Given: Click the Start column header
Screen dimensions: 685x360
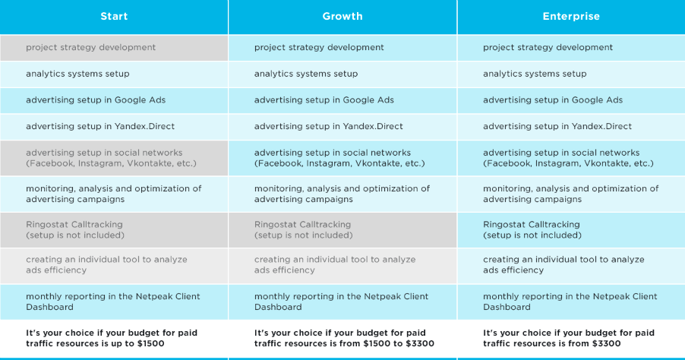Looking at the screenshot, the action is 114,17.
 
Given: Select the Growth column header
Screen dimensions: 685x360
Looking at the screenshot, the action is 342,17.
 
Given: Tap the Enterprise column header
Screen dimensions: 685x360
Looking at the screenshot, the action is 571,17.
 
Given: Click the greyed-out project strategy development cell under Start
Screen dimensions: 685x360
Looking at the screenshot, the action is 114,48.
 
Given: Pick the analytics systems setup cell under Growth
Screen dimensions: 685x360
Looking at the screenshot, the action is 342,74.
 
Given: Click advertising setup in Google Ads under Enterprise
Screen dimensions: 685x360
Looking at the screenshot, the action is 571,100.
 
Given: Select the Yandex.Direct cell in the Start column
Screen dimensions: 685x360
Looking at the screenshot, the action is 114,127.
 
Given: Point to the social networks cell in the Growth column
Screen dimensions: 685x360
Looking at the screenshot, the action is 342,158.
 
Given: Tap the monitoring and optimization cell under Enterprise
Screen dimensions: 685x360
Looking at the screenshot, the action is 571,194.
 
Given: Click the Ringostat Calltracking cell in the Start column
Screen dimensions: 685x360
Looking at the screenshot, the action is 114,230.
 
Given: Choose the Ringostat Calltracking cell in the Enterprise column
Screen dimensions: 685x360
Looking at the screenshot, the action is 571,230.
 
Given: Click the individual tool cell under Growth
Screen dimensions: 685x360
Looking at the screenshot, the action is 342,266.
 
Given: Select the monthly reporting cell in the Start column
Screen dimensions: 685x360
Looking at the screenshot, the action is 114,302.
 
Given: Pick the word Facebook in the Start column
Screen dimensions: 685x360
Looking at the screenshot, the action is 51,163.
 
